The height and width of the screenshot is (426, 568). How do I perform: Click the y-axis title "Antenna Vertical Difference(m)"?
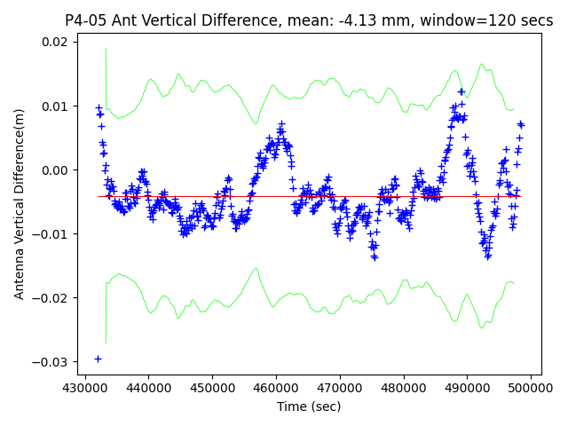pyautogui.click(x=20, y=204)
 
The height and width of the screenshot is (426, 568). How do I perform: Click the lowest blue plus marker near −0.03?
pyautogui.click(x=98, y=359)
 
